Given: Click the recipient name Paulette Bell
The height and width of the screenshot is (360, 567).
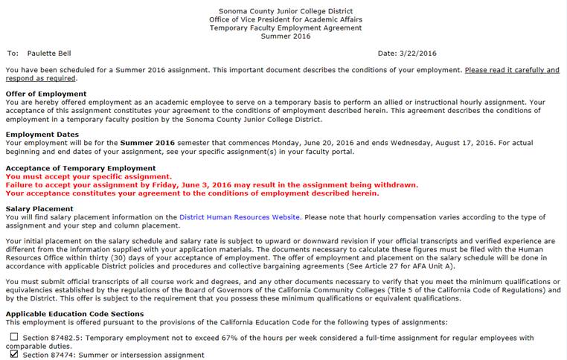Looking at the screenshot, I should coord(50,54).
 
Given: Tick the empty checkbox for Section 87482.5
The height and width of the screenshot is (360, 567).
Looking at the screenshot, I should coord(13,337).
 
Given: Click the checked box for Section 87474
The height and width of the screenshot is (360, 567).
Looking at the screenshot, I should coord(13,355).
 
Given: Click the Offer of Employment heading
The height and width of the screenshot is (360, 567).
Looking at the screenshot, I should coord(46,94).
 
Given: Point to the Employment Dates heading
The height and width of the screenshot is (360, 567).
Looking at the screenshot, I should coord(42,135).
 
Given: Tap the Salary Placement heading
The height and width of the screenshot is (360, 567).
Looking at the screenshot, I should coord(39,209).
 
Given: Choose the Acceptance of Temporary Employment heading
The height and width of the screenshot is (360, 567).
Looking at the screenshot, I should coord(80,168).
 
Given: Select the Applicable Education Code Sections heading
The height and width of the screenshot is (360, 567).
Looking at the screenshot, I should coord(74,314).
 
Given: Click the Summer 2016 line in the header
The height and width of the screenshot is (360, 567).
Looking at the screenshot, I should coord(286,36).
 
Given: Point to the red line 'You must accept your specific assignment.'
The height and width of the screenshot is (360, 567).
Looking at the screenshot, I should coord(89,176).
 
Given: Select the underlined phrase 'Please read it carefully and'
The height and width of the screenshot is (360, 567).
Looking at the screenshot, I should coord(512,70).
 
